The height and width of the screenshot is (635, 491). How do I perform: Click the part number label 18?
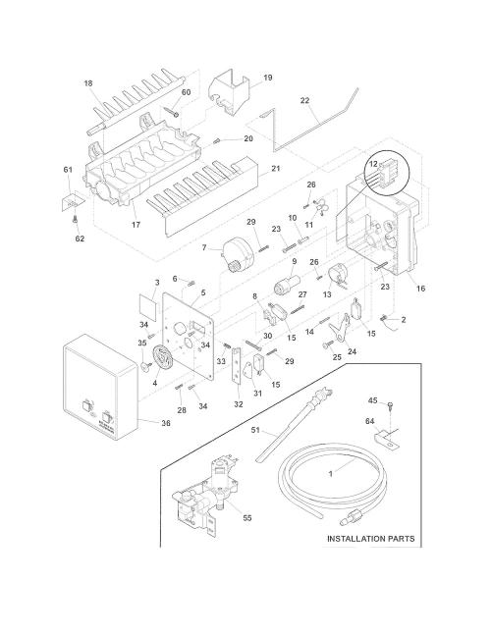[88, 83]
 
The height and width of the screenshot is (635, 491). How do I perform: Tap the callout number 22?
[305, 100]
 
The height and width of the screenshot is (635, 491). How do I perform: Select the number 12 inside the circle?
[373, 164]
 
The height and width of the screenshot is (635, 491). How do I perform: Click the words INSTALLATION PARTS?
[370, 539]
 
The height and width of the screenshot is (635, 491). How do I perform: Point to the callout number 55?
[247, 517]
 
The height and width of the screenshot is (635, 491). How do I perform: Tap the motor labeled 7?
[237, 255]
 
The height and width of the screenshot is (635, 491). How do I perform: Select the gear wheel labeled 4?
[163, 358]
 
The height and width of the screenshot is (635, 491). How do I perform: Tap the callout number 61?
[68, 169]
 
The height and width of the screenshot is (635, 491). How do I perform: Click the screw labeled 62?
[74, 220]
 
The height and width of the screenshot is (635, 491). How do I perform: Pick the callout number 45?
[373, 400]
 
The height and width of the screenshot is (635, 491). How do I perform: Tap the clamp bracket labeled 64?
[387, 441]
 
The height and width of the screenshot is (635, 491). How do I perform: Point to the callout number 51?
[255, 430]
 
